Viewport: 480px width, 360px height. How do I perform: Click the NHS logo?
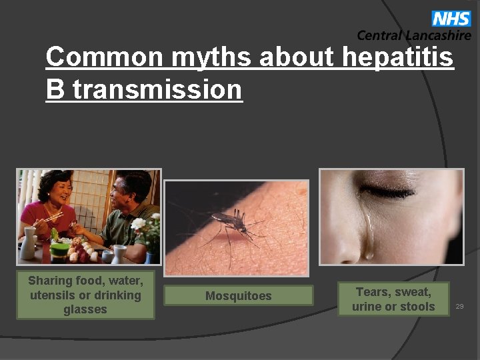(451, 18)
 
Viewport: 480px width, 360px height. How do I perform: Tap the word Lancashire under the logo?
(437, 35)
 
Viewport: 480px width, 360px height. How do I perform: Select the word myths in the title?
(211, 58)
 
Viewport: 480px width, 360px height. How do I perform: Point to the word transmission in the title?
(157, 89)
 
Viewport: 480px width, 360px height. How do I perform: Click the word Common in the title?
(104, 58)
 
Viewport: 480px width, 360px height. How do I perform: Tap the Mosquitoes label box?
(238, 296)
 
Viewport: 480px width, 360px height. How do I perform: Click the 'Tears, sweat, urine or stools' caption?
(393, 299)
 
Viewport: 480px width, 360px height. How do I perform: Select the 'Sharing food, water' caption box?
(85, 295)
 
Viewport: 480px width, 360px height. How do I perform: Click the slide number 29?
(459, 306)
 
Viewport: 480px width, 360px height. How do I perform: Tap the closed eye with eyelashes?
(387, 193)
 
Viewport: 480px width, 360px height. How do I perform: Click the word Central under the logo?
(379, 35)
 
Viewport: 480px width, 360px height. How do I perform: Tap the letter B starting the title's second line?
(55, 89)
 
